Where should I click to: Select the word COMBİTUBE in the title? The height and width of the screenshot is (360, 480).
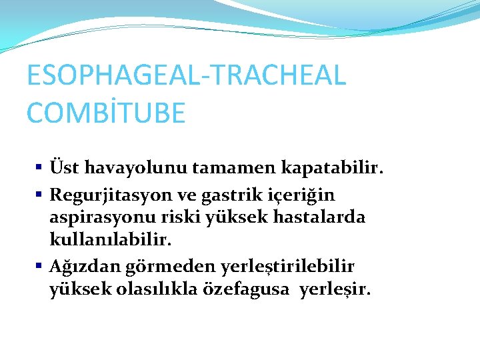pyautogui.click(x=106, y=113)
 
